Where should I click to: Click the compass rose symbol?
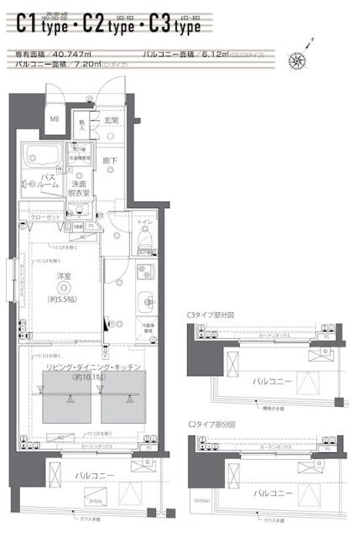tap(298, 59)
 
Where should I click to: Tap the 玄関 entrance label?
tap(111, 120)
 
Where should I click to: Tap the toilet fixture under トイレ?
tap(143, 241)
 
